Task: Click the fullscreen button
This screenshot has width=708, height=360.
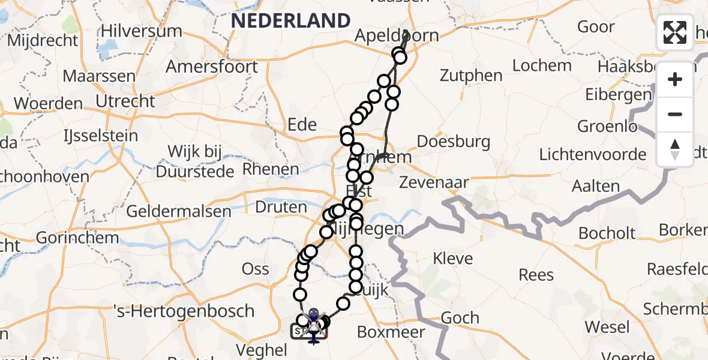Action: pyautogui.click(x=675, y=32)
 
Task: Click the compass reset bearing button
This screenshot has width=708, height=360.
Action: pyautogui.click(x=675, y=149)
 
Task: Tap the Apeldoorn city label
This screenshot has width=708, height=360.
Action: pyautogui.click(x=396, y=35)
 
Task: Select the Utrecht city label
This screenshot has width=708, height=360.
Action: pyautogui.click(x=127, y=101)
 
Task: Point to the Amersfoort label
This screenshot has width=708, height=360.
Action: pyautogui.click(x=212, y=66)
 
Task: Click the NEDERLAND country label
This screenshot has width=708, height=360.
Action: pyautogui.click(x=291, y=20)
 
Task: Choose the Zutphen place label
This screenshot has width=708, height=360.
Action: pyautogui.click(x=471, y=75)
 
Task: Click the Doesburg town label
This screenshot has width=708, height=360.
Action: pyautogui.click(x=453, y=142)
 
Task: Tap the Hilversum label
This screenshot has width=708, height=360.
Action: pyautogui.click(x=141, y=31)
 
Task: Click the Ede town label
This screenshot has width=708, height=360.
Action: pyautogui.click(x=302, y=124)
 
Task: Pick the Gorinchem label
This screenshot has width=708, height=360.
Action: pyautogui.click(x=69, y=237)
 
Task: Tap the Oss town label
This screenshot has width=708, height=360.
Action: pyautogui.click(x=255, y=269)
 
